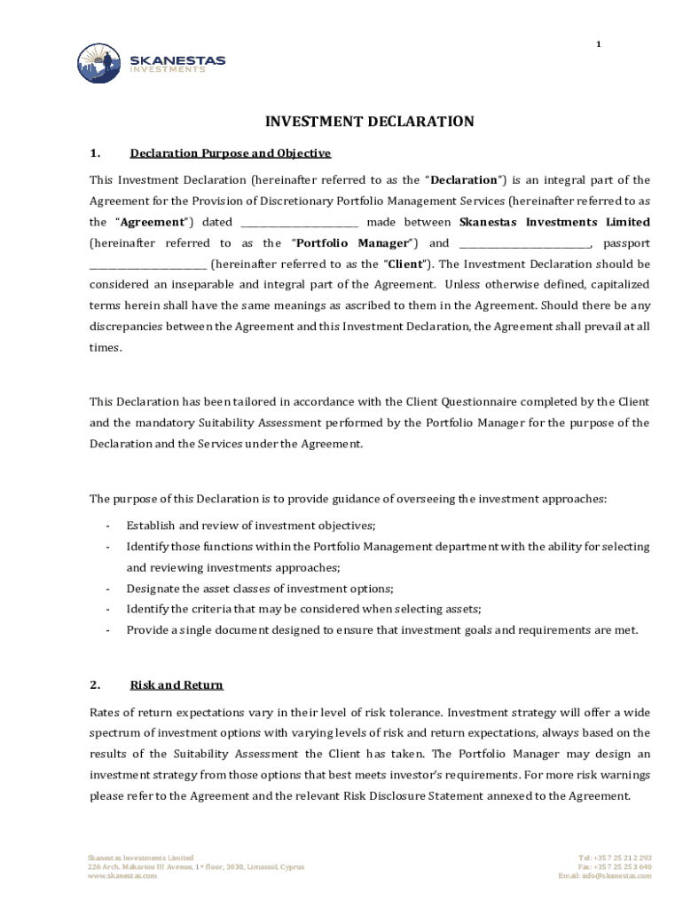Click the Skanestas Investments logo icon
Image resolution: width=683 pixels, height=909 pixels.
coord(98,63)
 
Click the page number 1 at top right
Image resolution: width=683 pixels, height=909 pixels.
coord(598,45)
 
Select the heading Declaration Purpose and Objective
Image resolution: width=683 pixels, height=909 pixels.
coord(230,154)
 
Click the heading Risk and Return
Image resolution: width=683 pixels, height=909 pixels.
coord(177,685)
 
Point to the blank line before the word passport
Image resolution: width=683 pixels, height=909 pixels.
coord(524,244)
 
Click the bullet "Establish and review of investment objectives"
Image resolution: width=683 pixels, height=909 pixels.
coord(251,526)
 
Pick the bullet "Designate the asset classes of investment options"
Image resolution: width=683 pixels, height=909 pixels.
coord(260,589)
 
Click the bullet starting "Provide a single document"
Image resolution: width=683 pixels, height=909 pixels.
coord(381,630)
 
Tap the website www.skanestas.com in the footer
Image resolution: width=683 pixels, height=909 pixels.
coord(122,875)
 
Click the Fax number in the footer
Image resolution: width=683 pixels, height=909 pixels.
coord(614,866)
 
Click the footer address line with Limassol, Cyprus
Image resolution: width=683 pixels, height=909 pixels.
coord(195,866)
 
